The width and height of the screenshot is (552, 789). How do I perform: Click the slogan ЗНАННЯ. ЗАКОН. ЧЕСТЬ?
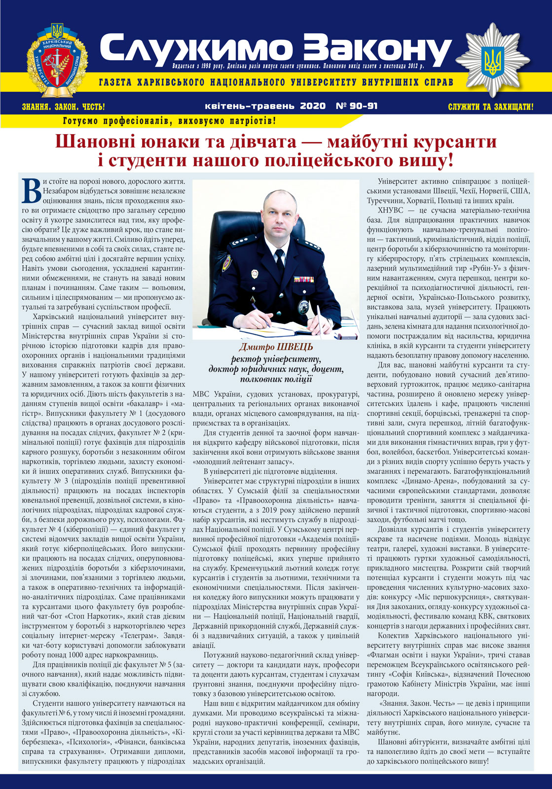coord(64,107)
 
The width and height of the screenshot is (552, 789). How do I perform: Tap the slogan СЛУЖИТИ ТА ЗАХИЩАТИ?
coord(490,107)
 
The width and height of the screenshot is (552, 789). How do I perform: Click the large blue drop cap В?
coord(32,191)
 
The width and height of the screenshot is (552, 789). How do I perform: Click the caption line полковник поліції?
coord(276,379)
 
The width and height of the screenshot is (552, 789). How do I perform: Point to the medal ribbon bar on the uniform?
coord(304,279)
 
